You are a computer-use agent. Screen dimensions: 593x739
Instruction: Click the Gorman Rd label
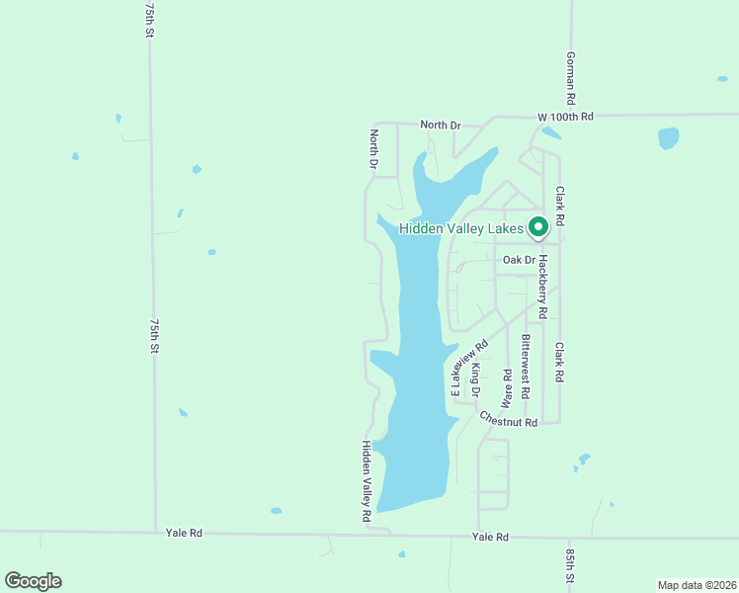(570, 78)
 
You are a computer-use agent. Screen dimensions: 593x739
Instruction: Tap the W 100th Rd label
(565, 117)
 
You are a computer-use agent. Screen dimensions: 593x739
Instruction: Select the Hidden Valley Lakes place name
(460, 229)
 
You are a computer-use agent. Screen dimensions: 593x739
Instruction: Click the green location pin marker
(538, 227)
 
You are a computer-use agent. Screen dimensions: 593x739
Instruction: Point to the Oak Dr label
(519, 260)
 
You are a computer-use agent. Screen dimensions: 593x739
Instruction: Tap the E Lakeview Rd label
(469, 369)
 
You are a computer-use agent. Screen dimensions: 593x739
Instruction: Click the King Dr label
(475, 381)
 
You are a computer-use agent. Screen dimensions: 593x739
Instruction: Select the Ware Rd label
(507, 388)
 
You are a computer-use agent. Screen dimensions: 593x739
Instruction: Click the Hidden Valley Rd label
(366, 481)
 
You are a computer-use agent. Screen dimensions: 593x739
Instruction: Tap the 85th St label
(570, 565)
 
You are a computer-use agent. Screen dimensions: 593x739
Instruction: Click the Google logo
(33, 581)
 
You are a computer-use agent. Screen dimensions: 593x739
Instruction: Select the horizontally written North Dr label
(441, 125)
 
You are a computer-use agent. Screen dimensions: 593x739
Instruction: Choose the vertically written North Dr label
(374, 148)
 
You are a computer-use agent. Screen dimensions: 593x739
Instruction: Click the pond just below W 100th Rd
(669, 137)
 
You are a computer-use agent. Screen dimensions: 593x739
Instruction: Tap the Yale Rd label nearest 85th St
(490, 537)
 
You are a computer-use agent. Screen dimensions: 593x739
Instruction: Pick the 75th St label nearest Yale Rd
(154, 337)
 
